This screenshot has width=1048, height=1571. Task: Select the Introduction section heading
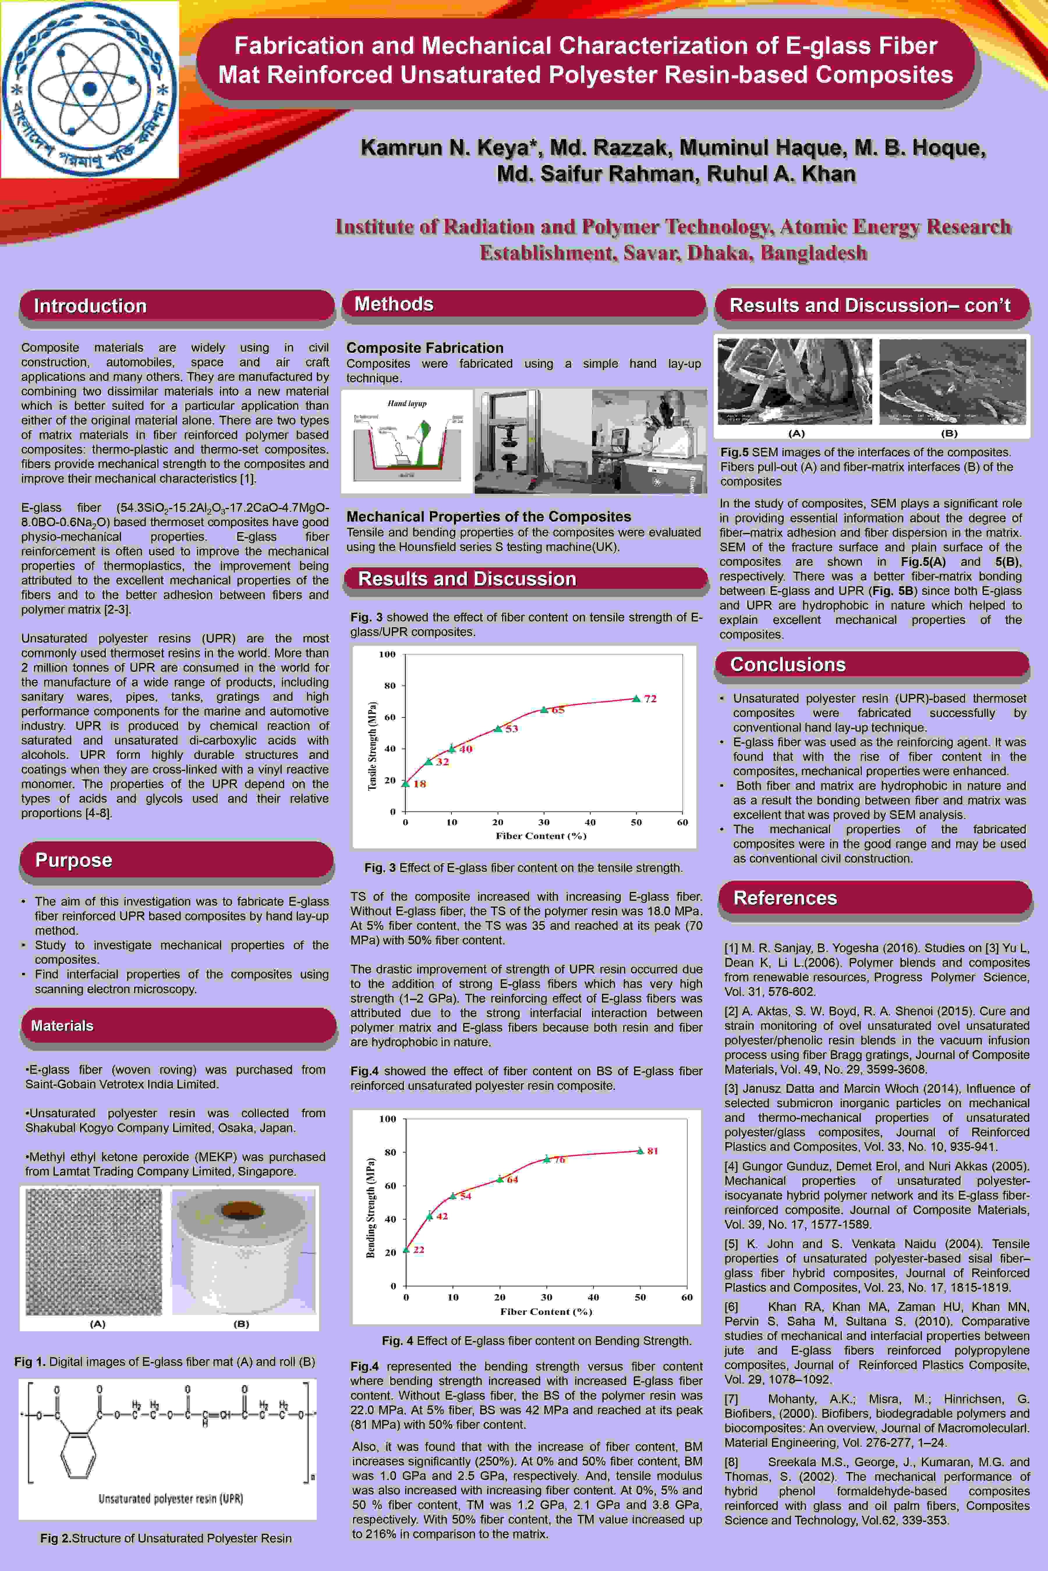pos(90,306)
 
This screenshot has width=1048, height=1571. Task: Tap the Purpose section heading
pos(74,860)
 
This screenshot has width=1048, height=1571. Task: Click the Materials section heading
pos(62,1025)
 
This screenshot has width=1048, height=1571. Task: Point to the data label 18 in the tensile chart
pos(420,783)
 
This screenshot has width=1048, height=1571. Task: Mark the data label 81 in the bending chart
pos(652,1150)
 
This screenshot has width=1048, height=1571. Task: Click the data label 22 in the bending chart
pos(418,1249)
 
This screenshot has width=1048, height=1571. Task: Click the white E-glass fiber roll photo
pos(243,1251)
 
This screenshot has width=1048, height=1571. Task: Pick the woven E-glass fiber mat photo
pos(93,1251)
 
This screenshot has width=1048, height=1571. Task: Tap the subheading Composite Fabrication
pos(424,347)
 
